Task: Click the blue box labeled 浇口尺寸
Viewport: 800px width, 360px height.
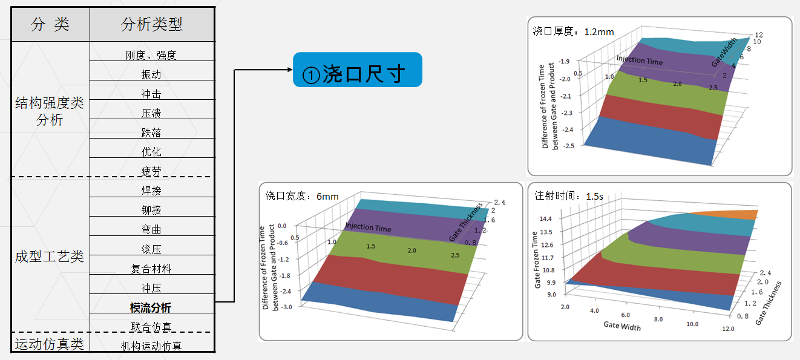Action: (358, 70)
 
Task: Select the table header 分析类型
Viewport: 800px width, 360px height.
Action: (152, 24)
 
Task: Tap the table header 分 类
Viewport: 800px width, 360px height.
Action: (50, 24)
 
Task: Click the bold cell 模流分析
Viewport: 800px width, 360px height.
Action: (151, 307)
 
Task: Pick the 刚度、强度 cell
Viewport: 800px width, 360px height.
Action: (151, 55)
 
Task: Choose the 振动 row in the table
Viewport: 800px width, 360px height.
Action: (151, 74)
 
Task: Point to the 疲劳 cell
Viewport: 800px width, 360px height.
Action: (151, 171)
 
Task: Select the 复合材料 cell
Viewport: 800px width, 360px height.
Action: (151, 269)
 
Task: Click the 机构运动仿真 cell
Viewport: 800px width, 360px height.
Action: (151, 345)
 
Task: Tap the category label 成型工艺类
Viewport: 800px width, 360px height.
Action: (50, 257)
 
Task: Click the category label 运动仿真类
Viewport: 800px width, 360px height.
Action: (50, 344)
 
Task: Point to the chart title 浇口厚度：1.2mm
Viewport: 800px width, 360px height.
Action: (573, 31)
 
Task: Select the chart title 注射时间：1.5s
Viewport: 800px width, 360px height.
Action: (569, 195)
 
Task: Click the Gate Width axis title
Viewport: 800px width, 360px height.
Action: (622, 326)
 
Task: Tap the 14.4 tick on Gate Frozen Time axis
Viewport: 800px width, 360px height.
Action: (546, 218)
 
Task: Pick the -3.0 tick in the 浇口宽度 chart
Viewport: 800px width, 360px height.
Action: (286, 307)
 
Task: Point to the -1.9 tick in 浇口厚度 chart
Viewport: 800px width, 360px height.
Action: (564, 62)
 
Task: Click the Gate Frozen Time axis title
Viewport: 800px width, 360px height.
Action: (536, 260)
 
